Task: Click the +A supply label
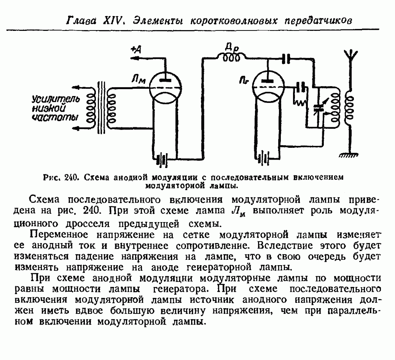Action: click(136, 50)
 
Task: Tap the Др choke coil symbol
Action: click(232, 57)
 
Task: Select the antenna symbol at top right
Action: click(350, 56)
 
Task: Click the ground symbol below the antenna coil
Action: click(349, 155)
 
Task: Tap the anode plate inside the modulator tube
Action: click(166, 80)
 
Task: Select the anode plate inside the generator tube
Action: click(268, 81)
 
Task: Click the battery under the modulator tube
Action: click(161, 160)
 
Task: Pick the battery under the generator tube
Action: click(263, 159)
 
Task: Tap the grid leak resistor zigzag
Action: click(299, 102)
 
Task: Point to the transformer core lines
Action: click(101, 107)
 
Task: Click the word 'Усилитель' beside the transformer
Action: click(56, 99)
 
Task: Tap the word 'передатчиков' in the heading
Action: click(318, 21)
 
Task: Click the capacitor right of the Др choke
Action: click(286, 59)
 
